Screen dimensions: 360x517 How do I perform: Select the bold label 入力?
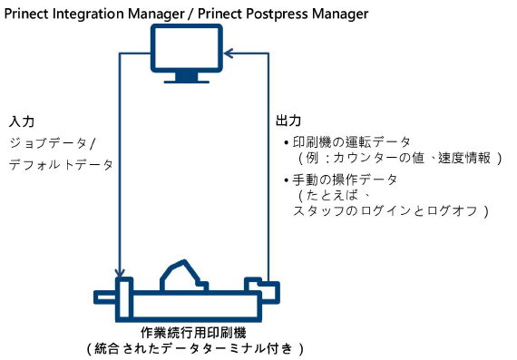tap(22, 122)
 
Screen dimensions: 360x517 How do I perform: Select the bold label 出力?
tap(288, 122)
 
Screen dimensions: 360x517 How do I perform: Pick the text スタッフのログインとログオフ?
tap(390, 211)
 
